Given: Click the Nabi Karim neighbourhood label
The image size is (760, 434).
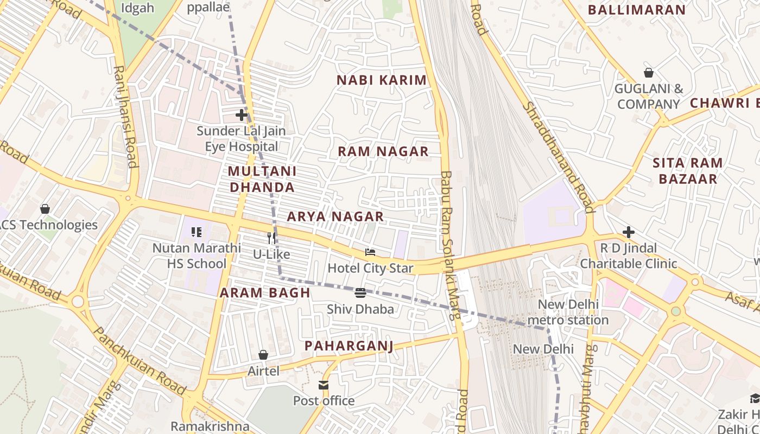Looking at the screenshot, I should tap(382, 80).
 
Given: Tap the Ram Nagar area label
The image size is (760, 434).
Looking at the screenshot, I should tap(383, 151).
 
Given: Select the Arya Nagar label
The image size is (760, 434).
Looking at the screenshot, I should tap(335, 216).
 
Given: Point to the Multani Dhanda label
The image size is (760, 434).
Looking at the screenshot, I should tap(262, 180).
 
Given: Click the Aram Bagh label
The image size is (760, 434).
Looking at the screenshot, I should tap(265, 293).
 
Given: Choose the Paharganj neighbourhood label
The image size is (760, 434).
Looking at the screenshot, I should tap(348, 346).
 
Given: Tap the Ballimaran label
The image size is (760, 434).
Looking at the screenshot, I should tap(637, 10).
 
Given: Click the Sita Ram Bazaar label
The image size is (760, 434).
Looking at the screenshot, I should tap(687, 170).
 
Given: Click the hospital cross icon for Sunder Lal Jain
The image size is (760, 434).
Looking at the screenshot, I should tap(242, 115).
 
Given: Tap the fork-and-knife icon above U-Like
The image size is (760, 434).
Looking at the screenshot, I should tap(271, 238).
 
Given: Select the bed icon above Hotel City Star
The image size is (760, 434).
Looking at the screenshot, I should tap(370, 252).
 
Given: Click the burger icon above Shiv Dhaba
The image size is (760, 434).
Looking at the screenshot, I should tap(360, 293).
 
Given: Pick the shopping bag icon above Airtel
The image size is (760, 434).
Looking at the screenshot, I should tap(263, 355).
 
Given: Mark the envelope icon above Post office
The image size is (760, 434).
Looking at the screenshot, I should tap(324, 385).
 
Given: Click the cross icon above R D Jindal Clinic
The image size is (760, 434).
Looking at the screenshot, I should tap(629, 232).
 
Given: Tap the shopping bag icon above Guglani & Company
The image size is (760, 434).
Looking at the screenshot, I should tap(649, 72).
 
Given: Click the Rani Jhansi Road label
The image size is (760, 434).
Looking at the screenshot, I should tap(125, 117).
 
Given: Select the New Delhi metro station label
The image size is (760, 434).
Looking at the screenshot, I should tap(568, 312).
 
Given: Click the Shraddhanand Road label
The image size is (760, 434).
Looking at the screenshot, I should tap(559, 157).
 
